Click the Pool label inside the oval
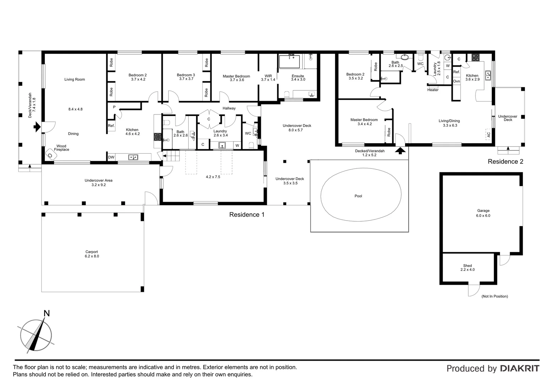(x=358, y=196)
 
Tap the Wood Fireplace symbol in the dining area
(x=50, y=155)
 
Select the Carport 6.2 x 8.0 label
(x=91, y=254)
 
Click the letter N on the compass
(x=46, y=313)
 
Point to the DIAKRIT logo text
(x=520, y=368)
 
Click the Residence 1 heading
(x=247, y=215)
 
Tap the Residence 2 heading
(x=505, y=162)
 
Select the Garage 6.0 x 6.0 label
(x=483, y=213)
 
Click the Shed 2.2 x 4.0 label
(x=467, y=268)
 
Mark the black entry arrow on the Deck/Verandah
(x=37, y=127)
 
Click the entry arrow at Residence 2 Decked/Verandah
(x=400, y=151)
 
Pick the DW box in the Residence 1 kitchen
(x=111, y=157)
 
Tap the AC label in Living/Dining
(x=488, y=135)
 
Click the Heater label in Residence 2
(x=432, y=90)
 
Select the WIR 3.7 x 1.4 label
(x=268, y=78)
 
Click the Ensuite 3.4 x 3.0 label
(x=298, y=78)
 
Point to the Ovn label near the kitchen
(x=456, y=81)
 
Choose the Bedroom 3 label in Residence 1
(x=186, y=77)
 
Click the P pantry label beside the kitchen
(x=114, y=107)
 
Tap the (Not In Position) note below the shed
(x=494, y=296)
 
